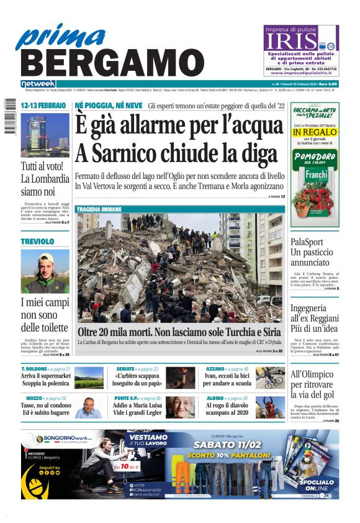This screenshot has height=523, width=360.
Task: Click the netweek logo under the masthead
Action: pos(38,83)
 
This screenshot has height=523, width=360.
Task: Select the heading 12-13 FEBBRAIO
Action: pos(43,106)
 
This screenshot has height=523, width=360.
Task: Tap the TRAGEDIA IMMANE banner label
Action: pos(98,209)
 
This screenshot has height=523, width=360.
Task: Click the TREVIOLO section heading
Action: pos(37,241)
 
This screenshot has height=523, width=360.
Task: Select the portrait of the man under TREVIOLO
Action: pos(45,271)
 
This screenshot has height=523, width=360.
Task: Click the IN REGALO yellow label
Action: pos(314,132)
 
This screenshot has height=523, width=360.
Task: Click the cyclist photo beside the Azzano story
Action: pos(269,378)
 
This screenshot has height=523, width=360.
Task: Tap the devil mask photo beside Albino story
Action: pos(269,407)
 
